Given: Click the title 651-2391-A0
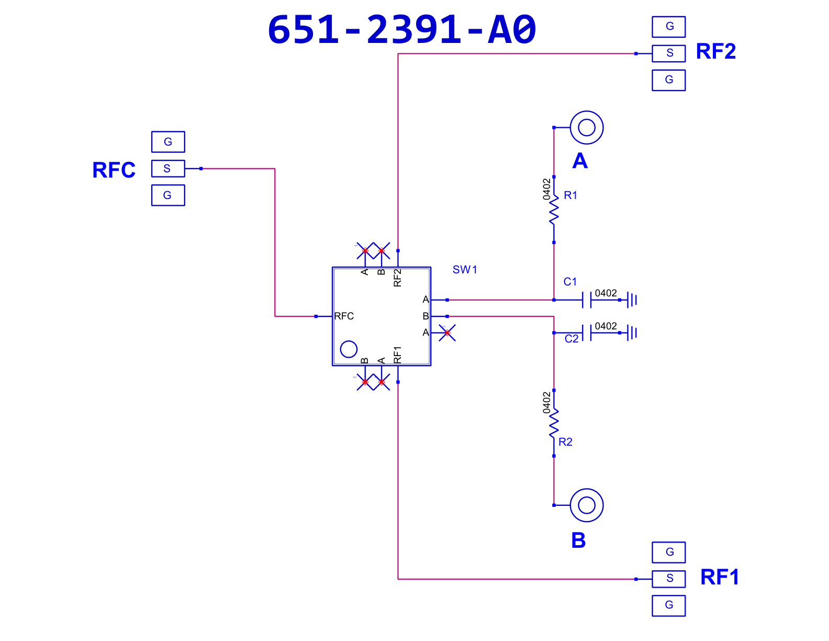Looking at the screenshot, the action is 402,29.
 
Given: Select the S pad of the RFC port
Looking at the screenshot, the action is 168,168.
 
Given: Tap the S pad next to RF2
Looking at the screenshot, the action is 668,53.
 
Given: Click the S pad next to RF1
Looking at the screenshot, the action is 668,579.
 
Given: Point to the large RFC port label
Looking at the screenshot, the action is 114,170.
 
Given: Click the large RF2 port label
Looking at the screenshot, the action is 716,51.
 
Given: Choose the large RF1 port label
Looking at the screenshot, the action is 720,577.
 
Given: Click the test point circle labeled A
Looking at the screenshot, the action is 586,111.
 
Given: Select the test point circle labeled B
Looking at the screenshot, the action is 586,489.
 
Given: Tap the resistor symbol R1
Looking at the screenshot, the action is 554,209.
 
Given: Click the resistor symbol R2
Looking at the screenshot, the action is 554,423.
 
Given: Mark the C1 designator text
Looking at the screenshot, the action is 569,282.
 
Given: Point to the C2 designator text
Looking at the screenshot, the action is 571,339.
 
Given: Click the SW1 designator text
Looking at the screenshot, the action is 464,270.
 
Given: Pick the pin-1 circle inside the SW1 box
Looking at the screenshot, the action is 349,341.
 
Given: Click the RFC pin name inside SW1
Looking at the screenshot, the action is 344,316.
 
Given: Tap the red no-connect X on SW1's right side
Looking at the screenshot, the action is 447,333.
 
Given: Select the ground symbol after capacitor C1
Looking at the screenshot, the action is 632,300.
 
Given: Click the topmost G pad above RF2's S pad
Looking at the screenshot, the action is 668,27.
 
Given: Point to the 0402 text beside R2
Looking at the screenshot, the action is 546,403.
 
